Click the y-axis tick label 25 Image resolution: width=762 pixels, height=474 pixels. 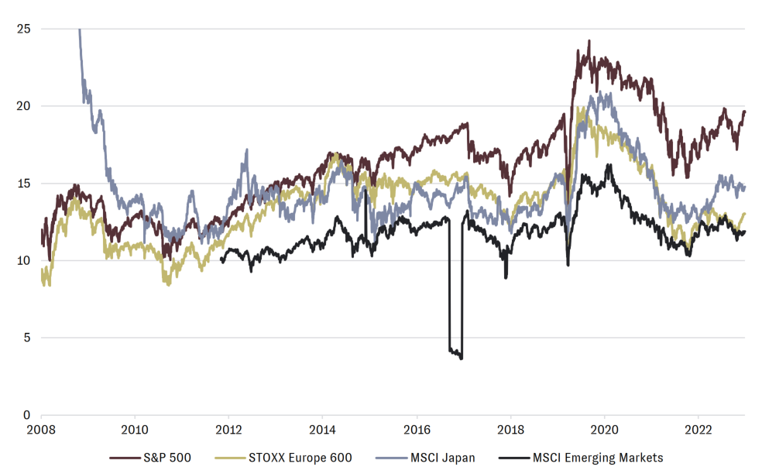click(x=25, y=29)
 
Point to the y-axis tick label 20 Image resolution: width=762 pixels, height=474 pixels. click(x=25, y=106)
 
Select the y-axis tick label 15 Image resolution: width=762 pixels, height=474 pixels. click(x=25, y=184)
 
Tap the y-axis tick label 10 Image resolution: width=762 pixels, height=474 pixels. click(x=25, y=260)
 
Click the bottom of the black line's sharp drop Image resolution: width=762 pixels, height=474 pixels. click(x=461, y=358)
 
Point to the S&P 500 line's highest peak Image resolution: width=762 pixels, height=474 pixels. click(x=589, y=41)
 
